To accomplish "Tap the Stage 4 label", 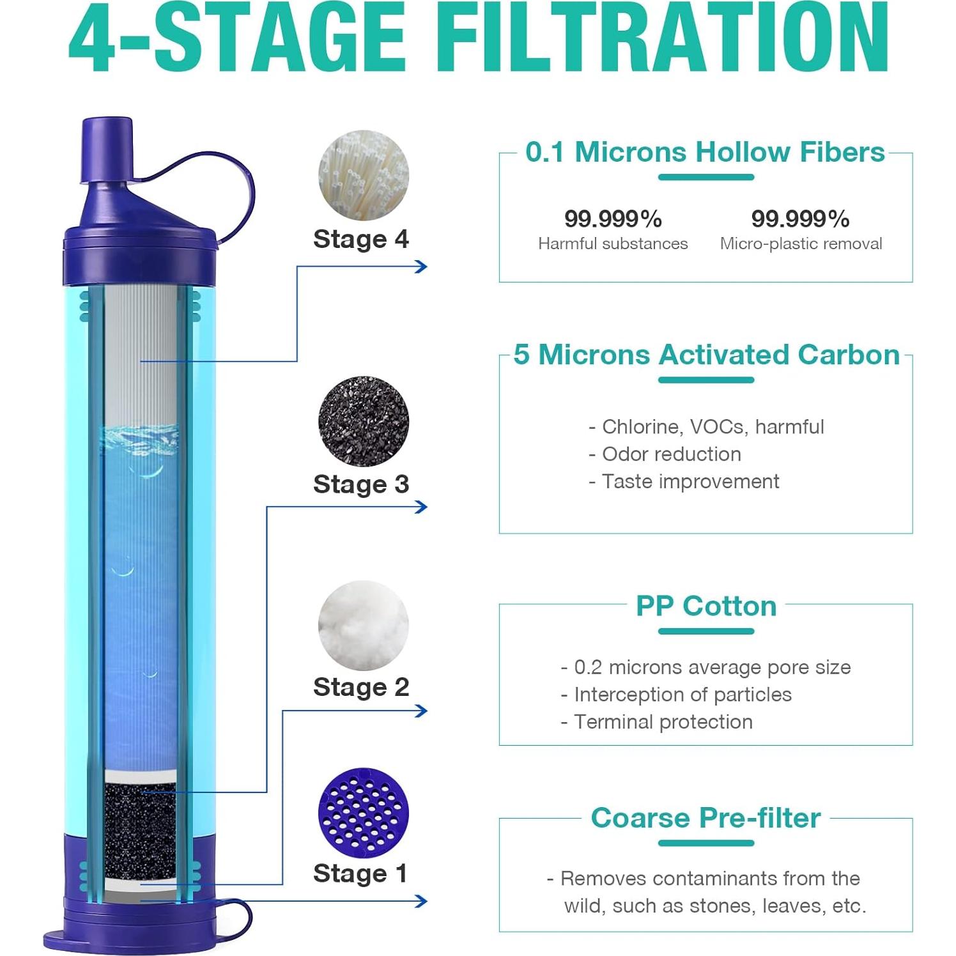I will click(360, 239).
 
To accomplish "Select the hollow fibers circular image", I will click(363, 175).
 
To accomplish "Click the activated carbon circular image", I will click(363, 421).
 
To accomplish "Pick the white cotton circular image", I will click(363, 625).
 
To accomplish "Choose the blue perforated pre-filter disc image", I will click(363, 812).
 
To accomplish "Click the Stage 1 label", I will click(360, 873).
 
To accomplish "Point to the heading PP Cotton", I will click(705, 606).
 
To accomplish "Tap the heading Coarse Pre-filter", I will click(705, 818).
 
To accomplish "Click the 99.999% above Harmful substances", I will click(613, 219).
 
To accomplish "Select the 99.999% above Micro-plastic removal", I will click(800, 219).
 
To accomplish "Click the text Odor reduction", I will click(671, 454).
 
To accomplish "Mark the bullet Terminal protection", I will click(663, 721).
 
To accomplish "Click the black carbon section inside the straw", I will click(140, 831).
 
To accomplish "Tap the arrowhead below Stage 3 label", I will click(420, 507).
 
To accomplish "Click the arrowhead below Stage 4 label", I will click(420, 266).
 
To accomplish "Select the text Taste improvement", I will click(690, 481).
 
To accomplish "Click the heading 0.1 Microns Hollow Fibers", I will click(705, 152).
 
